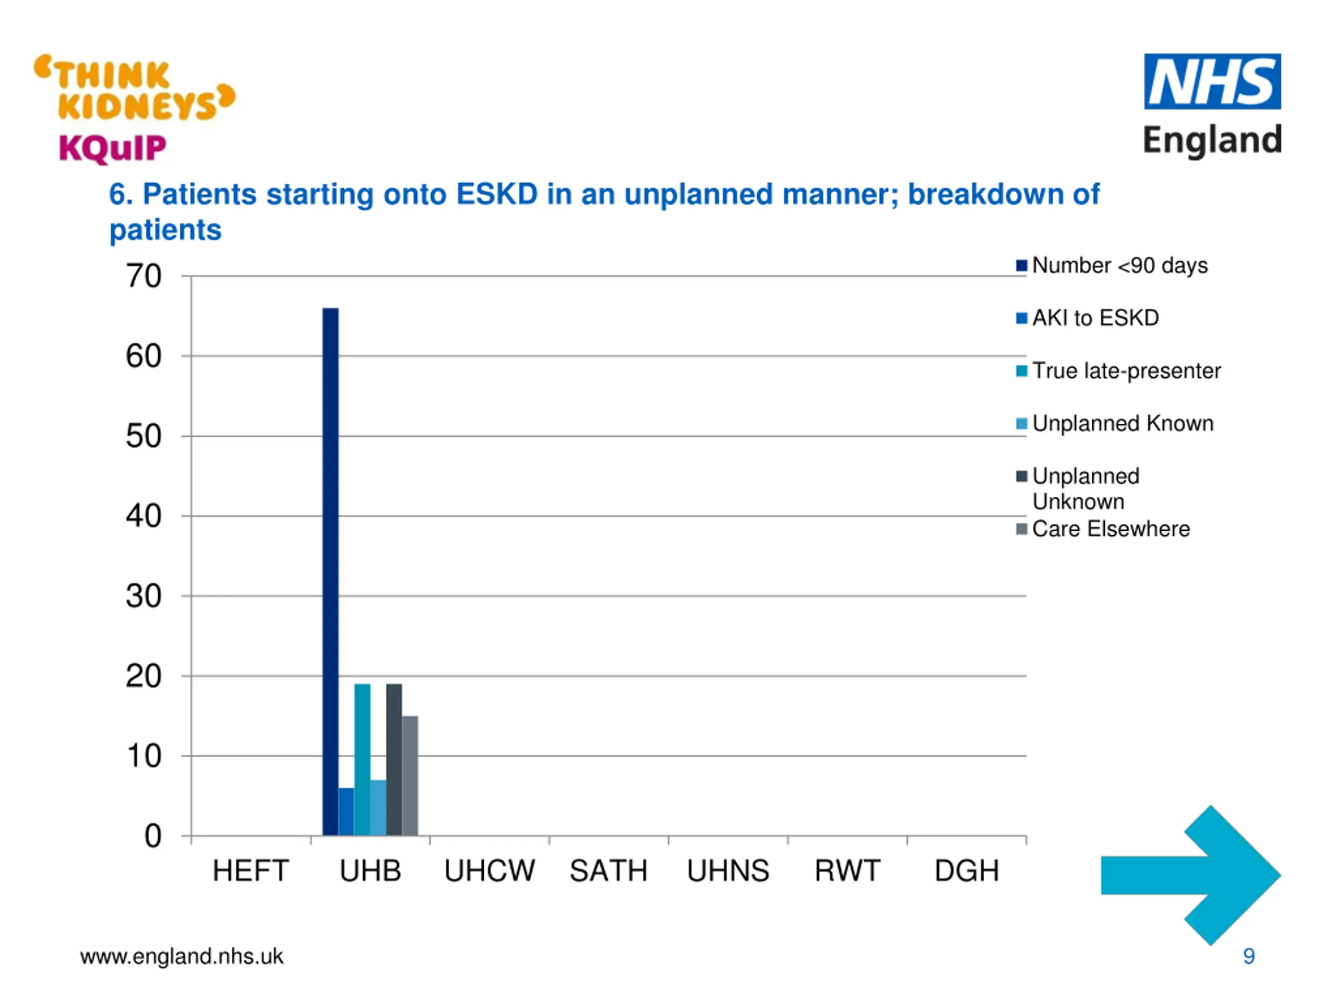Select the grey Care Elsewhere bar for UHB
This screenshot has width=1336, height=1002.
click(x=410, y=776)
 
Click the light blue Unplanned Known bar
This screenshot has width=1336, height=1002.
click(x=378, y=807)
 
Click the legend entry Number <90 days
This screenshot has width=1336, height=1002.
click(x=1119, y=266)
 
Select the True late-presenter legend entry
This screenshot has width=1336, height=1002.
click(x=1126, y=371)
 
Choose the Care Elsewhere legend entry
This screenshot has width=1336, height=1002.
click(x=1110, y=529)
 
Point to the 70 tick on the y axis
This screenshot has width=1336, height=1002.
click(x=144, y=277)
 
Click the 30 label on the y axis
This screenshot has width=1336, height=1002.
click(x=144, y=596)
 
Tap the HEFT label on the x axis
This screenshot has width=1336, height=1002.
click(x=250, y=871)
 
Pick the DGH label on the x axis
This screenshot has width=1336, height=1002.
click(x=967, y=871)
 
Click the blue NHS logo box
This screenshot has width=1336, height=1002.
click(x=1212, y=81)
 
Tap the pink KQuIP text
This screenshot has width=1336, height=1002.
click(x=112, y=148)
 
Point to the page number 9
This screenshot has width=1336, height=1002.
click(x=1248, y=956)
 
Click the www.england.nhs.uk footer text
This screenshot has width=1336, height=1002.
click(x=181, y=956)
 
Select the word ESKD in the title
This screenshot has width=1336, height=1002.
click(x=496, y=195)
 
